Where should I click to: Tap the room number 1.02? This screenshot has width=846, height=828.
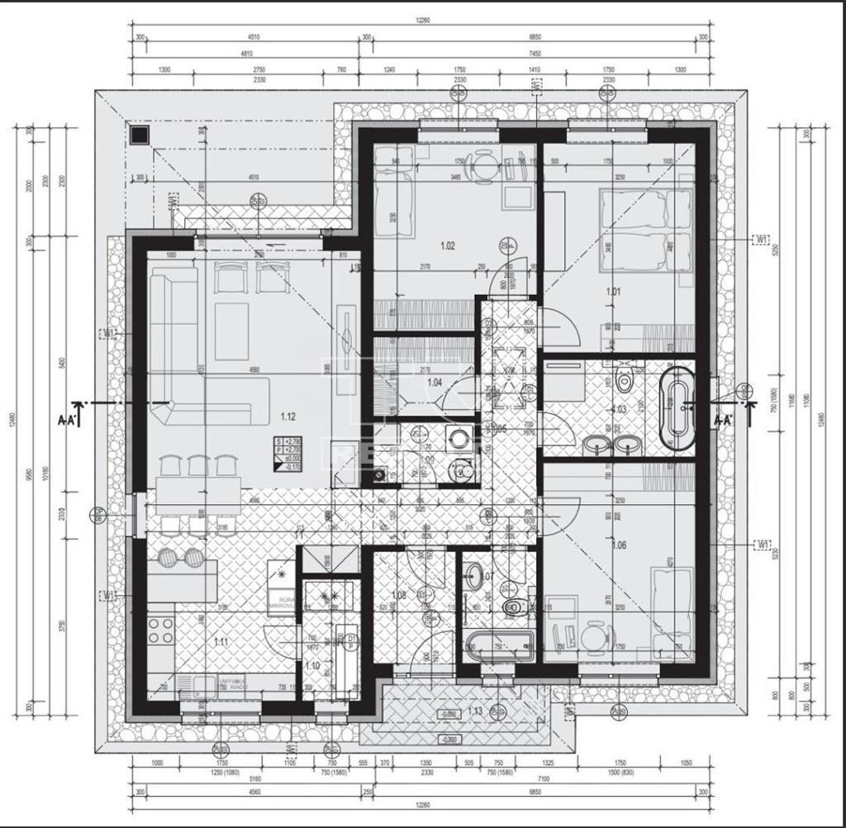pos(448,245)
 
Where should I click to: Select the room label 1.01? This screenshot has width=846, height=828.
pos(613,291)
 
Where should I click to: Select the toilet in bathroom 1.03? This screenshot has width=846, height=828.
pos(624,381)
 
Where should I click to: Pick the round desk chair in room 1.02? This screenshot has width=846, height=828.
pos(481,165)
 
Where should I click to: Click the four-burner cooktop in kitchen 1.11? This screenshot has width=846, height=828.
pos(160,631)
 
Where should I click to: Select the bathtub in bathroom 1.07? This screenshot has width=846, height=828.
pos(499,645)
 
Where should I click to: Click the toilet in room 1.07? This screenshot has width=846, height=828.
pos(515,608)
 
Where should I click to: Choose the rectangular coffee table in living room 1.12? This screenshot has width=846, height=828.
pos(231,331)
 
